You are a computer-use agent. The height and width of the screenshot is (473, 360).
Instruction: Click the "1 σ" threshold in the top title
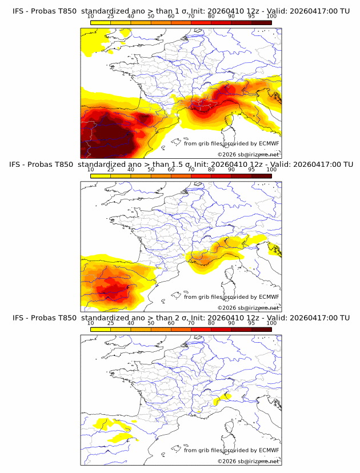pos(182,11)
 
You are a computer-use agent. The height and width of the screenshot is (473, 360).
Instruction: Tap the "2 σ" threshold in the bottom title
pos(182,318)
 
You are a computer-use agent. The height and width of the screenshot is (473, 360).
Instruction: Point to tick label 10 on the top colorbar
pos(91,17)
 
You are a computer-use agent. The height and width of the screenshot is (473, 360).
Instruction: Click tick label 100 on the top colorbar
pos(271,17)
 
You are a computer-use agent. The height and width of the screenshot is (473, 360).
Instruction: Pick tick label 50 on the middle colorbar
pos(151,170)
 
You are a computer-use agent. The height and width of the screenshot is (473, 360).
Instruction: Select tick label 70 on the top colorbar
pos(191,17)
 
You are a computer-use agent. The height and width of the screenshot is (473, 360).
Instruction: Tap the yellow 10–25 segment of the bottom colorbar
pos(101,330)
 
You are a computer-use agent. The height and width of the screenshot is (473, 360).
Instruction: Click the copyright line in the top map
pos(249,154)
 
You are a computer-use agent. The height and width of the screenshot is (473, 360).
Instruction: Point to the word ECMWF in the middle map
pos(269,297)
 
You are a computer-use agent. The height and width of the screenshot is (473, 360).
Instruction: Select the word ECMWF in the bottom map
pos(269,450)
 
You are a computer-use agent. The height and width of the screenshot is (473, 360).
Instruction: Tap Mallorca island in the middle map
pos(177,296)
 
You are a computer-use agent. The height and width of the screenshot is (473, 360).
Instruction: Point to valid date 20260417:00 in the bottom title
pos(314,318)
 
